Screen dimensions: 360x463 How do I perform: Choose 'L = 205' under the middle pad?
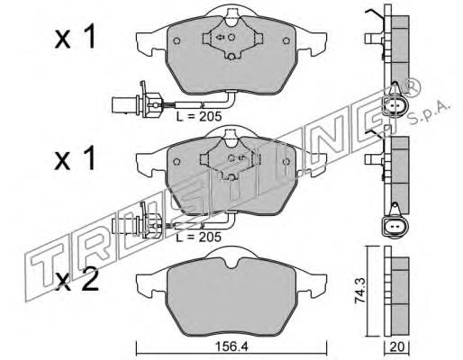tap(196, 237)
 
